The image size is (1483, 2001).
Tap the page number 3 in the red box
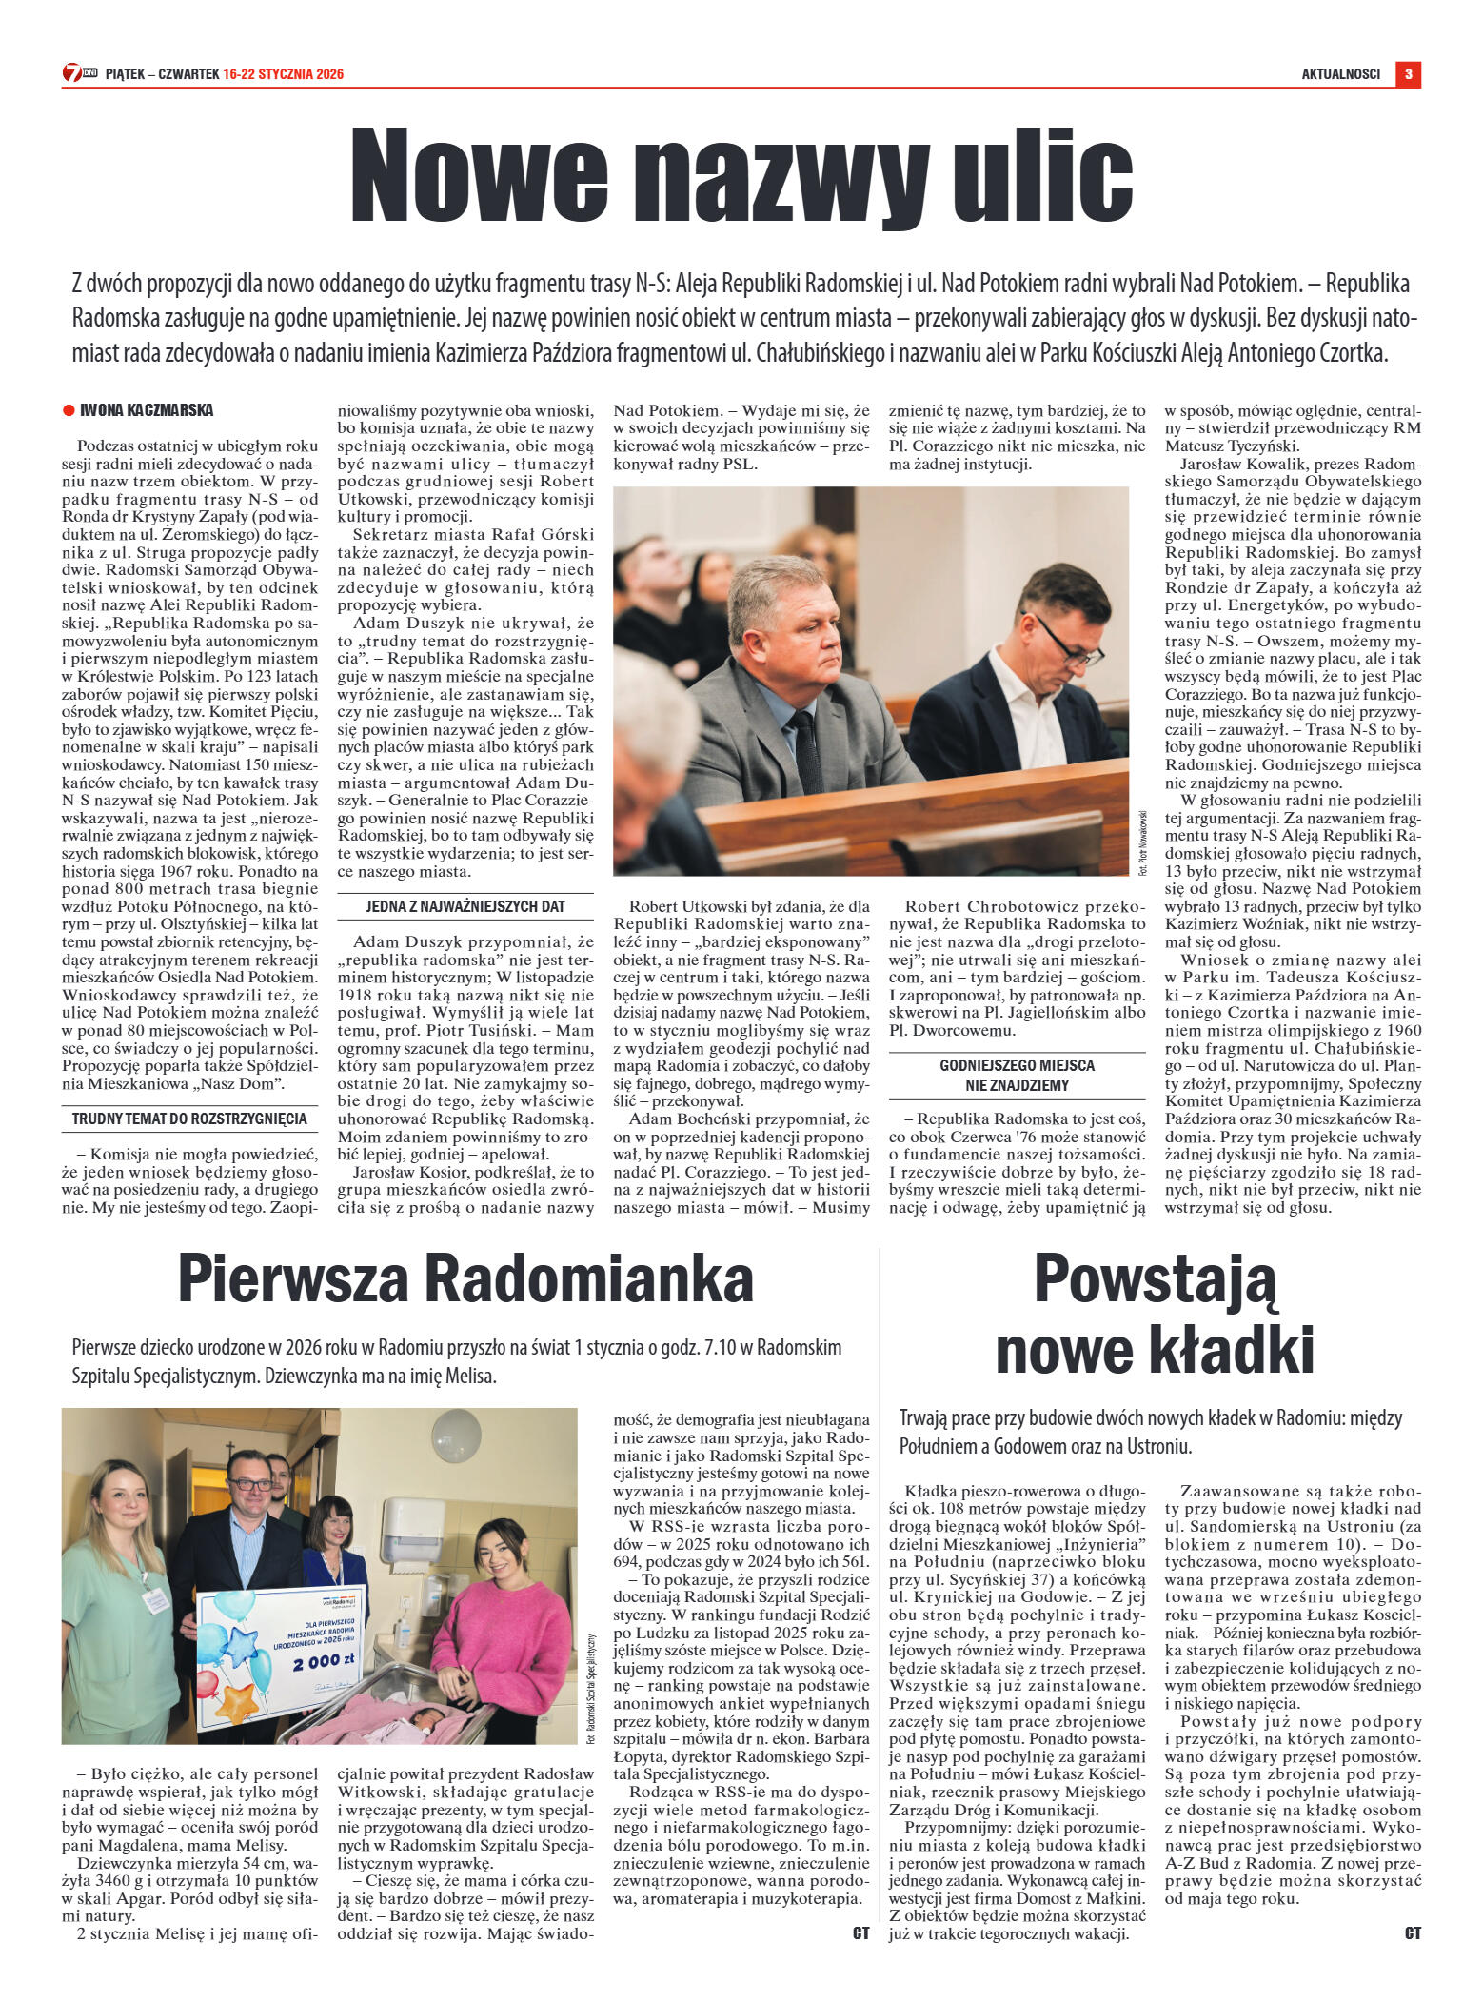click(x=1408, y=74)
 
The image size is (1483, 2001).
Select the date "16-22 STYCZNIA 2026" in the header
click(x=284, y=74)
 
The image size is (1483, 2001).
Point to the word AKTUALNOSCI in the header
click(x=1340, y=74)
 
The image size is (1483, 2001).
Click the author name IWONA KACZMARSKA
click(x=147, y=410)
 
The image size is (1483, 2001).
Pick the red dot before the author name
click(x=69, y=410)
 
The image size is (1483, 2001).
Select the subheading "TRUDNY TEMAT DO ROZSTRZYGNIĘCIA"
click(x=189, y=1119)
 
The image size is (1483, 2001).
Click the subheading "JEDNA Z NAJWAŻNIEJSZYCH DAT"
click(x=465, y=906)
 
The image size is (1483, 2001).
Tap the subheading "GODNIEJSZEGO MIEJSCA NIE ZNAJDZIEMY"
click(x=1017, y=1075)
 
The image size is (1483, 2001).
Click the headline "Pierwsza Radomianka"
click(x=465, y=1278)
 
